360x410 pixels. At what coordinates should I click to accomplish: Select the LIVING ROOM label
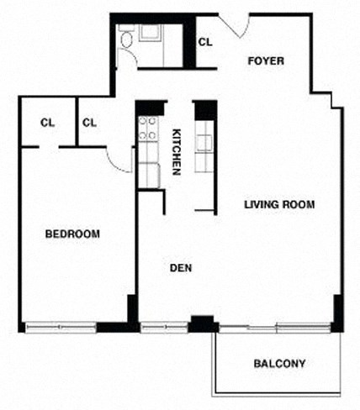tap(279, 204)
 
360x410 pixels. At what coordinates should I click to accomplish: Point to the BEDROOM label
tap(72, 234)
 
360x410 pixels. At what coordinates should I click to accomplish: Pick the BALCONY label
tap(278, 364)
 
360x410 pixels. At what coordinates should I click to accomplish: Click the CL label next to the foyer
tap(204, 41)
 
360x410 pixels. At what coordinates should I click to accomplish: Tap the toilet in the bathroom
tap(127, 39)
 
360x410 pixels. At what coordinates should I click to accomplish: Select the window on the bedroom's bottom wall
tap(61, 327)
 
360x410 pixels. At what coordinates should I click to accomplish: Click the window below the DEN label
tap(164, 327)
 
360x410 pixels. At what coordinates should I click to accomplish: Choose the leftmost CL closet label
tap(47, 123)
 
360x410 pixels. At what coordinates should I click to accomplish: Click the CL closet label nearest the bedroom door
tap(90, 123)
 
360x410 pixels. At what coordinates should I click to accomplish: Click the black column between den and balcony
tap(202, 323)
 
